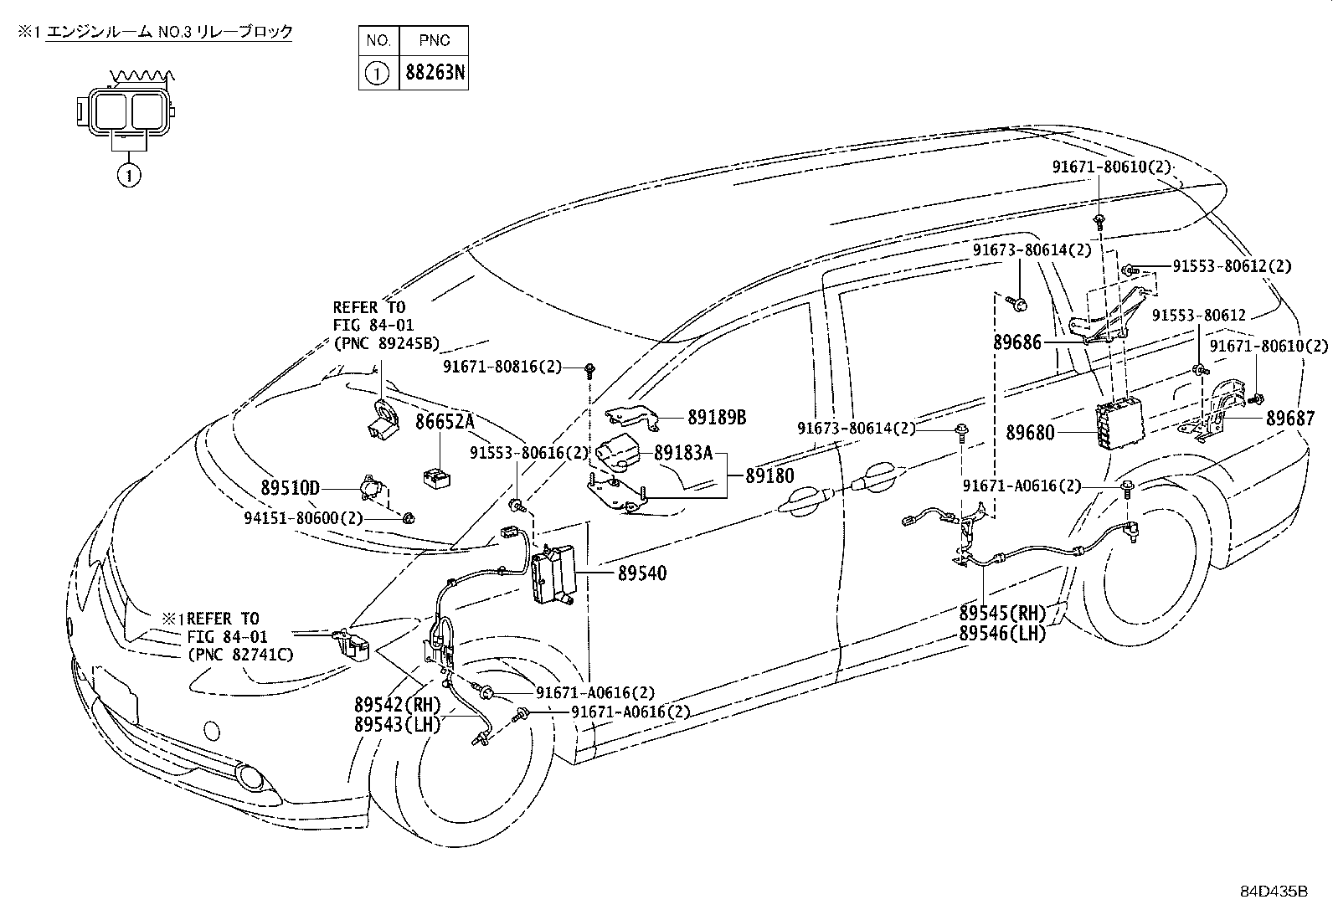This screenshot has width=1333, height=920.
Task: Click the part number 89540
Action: pos(642,573)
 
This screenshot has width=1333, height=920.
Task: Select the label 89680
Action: pos(1030,433)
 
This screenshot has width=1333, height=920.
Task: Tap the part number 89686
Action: pos(1017,342)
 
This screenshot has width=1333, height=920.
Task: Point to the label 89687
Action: pos(1290,419)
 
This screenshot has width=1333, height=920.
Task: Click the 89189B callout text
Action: pos(717,417)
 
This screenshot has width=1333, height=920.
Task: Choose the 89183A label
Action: pos(683,453)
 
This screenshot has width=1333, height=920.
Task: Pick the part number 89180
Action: pos(770,475)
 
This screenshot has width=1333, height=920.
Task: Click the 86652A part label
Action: pos(445,421)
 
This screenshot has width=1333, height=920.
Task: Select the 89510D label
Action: pos(291,488)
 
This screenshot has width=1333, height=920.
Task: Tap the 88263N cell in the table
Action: pos(435,73)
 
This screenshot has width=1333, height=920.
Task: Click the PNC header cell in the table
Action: pos(435,40)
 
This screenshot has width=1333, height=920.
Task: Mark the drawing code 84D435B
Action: pos(1274,892)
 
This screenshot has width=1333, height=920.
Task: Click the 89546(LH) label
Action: pos(1003,633)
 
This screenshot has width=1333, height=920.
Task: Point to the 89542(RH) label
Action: pos(398,705)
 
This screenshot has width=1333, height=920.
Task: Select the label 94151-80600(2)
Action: pos(303,517)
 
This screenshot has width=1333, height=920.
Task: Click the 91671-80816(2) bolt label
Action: pos(502,367)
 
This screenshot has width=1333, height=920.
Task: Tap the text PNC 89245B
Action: pos(387,343)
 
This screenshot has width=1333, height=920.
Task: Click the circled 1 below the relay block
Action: pos(129,175)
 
